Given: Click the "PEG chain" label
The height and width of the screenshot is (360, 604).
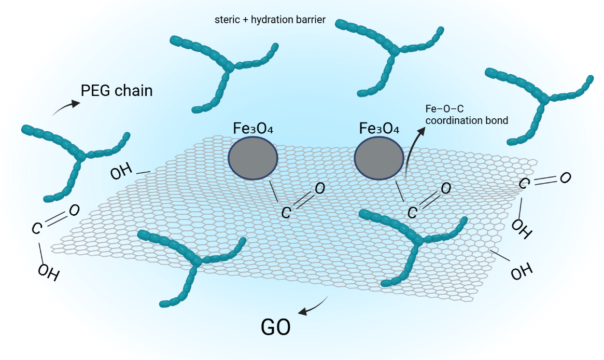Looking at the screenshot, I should (117, 91).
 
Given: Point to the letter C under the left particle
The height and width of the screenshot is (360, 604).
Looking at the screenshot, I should (286, 212).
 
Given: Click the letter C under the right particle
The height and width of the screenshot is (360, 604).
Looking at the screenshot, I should (413, 212).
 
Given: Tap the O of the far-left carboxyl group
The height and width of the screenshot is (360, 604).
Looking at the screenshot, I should (74, 210).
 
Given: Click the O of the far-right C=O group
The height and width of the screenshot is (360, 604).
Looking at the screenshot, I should (565, 177).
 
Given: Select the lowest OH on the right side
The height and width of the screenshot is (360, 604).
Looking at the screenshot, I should (522, 271).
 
